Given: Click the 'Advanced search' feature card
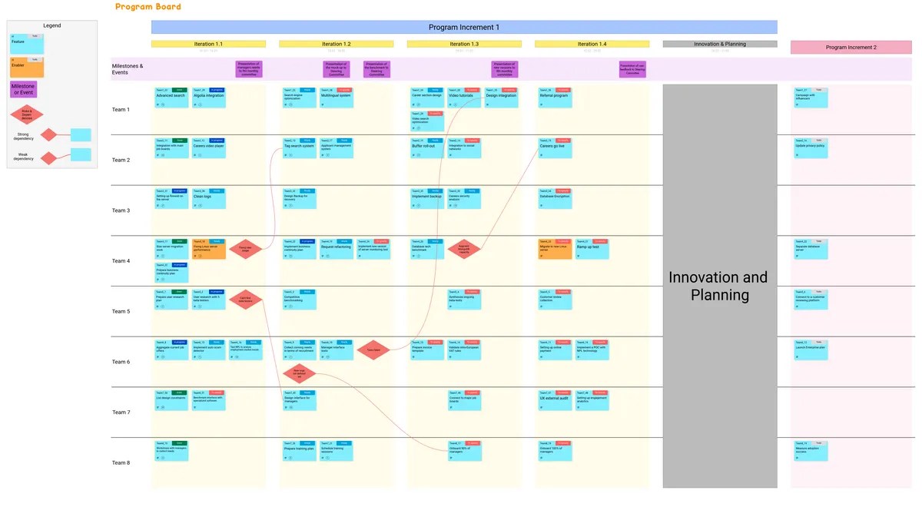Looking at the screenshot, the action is point(171,98).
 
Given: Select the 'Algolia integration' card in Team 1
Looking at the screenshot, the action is point(208,98).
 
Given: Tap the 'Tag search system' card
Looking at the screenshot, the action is point(299,147).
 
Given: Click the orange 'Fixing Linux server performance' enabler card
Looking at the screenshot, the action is point(208,249).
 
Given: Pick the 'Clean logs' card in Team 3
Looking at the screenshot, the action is point(208,198).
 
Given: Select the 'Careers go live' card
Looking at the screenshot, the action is point(554,147).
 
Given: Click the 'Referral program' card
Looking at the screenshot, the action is point(554,98).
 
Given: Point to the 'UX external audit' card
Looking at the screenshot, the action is point(554,400).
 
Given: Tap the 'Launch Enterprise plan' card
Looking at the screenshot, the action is point(811,349).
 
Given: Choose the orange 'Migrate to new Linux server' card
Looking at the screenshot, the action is point(554,249).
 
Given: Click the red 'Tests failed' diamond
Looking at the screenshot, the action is point(373,349).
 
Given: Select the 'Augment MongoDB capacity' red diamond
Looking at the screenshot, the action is point(469,249).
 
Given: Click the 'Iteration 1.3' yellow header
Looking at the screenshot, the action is point(464,45).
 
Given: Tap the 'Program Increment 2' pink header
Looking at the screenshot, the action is point(851,48).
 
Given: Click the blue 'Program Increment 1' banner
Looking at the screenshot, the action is point(464,28).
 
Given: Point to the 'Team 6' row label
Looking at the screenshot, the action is point(121,362).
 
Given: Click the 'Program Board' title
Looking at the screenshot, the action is point(148,7).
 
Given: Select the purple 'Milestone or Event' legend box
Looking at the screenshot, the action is point(23,90).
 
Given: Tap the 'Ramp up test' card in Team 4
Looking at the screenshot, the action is point(592,249).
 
